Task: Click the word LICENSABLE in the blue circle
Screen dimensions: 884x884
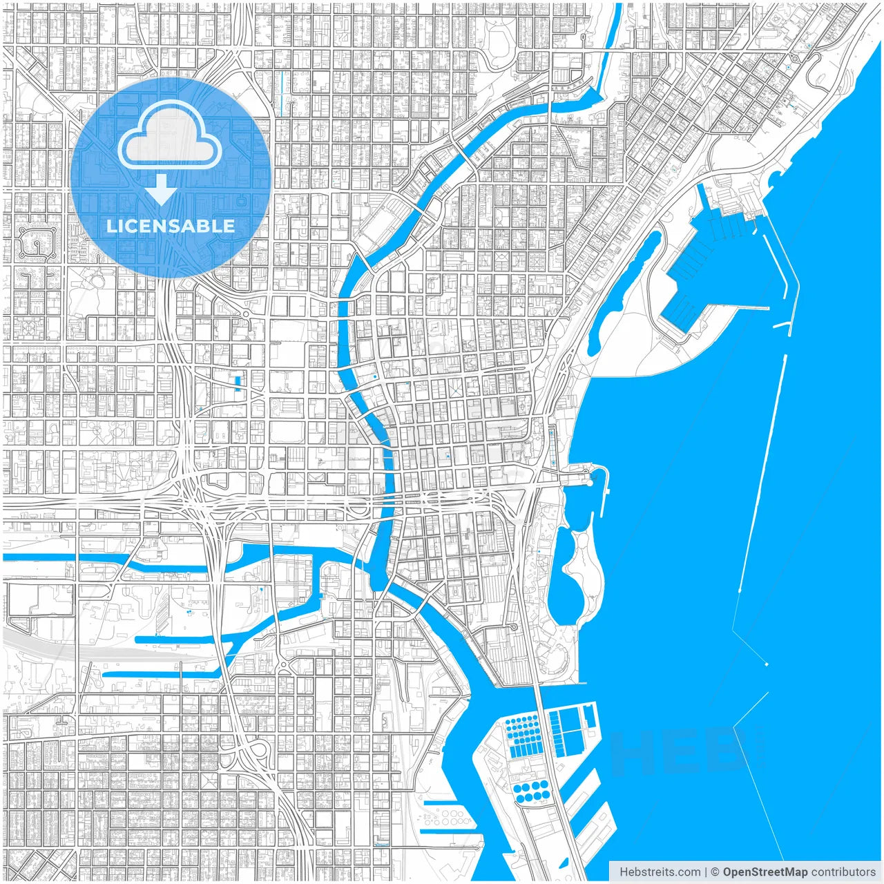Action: pos(170,226)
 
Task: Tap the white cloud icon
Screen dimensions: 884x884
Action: pos(170,135)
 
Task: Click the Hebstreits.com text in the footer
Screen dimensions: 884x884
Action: pos(659,872)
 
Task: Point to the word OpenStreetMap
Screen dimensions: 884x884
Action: pos(765,872)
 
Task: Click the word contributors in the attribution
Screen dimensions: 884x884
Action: pos(843,872)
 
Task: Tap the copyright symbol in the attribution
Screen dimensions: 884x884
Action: pos(715,872)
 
